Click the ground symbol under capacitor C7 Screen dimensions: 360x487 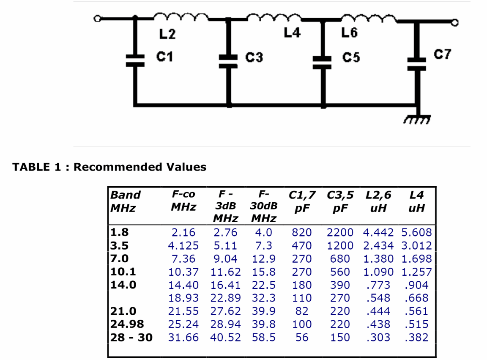416,120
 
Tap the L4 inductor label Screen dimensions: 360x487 292,33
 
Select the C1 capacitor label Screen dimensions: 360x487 165,56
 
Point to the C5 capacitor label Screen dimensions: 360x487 351,57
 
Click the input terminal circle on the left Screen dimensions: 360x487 98,18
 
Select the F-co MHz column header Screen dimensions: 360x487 183,201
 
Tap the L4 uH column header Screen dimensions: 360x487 416,201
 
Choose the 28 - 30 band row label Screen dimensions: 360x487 131,338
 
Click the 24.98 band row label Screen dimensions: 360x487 127,324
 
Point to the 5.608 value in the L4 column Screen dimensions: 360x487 416,232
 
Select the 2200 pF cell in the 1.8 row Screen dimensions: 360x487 340,232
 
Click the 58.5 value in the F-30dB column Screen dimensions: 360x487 264,338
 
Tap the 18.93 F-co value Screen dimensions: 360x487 183,298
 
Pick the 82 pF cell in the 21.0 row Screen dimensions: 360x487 302,311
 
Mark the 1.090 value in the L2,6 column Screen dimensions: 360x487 378,272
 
